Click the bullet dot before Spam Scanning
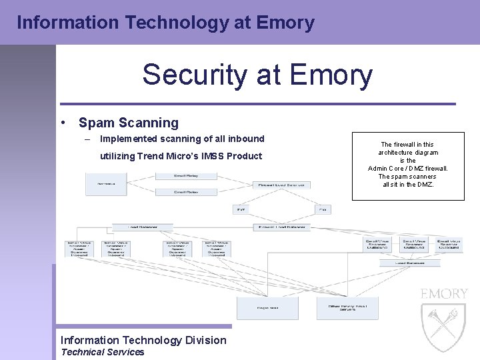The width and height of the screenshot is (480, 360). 62,123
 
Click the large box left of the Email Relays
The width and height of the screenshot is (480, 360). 106,183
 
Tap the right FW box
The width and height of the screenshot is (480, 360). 323,209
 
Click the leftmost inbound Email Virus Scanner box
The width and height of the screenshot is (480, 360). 79,248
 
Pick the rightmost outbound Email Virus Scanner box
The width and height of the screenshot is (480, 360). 449,245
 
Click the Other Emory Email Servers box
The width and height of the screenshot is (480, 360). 347,307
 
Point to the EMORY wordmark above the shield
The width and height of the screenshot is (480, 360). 444,293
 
